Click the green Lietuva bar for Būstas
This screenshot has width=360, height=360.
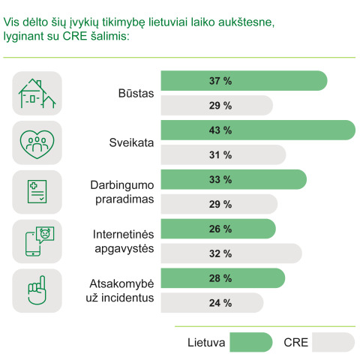tap(244, 81)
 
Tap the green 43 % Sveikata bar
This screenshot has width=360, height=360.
tap(258, 130)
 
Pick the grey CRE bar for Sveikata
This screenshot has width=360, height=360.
tap(223, 154)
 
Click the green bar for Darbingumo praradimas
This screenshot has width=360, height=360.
tap(234, 180)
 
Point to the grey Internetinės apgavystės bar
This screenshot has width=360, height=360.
tap(232, 253)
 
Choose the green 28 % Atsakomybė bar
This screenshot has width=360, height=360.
tap(223, 278)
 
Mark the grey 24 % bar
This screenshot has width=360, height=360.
tap(213, 302)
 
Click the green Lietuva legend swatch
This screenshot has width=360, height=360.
tap(250, 342)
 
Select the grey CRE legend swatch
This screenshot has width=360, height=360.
tap(333, 342)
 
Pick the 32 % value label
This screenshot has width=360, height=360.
tap(220, 253)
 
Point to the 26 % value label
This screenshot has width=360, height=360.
tap(220, 229)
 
